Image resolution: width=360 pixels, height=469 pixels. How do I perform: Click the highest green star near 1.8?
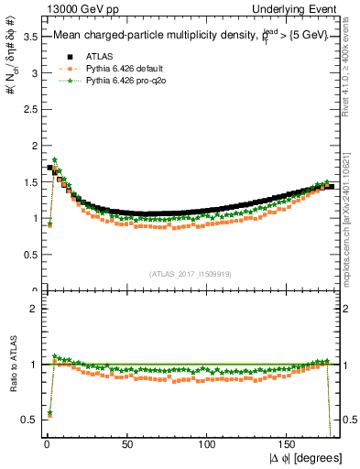(x=55, y=160)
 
